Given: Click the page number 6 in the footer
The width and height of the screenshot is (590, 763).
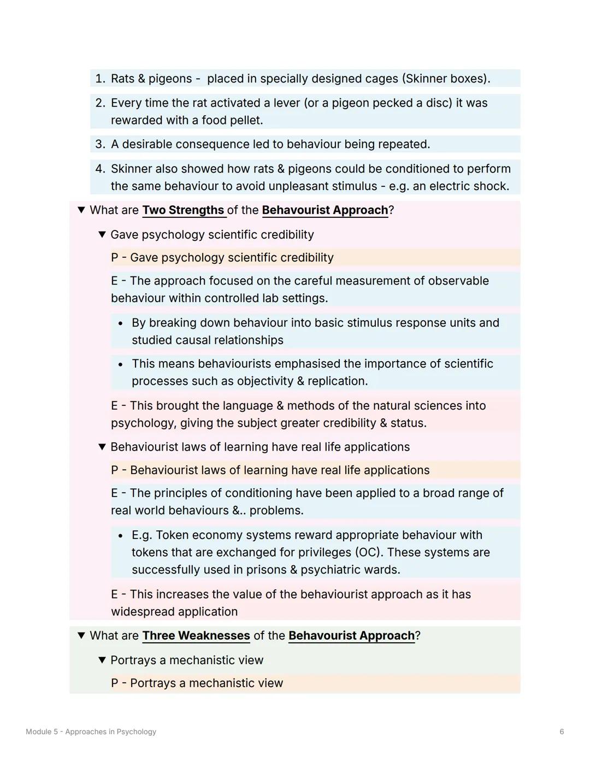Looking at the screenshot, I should click(x=562, y=731).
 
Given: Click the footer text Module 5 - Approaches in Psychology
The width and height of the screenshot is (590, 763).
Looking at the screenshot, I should click(x=91, y=731).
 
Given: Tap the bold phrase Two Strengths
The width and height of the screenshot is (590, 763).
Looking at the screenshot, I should click(x=183, y=210).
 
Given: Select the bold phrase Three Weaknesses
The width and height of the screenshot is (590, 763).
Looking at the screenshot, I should click(x=196, y=636).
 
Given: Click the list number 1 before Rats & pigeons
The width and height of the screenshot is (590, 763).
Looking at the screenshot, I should click(x=99, y=79).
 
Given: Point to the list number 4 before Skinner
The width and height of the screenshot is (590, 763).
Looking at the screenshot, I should click(x=99, y=169).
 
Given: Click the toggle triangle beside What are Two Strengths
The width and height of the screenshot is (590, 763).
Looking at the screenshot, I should click(x=81, y=210).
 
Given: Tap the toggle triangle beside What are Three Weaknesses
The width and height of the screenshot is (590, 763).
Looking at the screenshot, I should click(x=81, y=636).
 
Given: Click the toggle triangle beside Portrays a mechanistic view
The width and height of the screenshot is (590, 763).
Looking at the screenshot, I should click(x=102, y=660).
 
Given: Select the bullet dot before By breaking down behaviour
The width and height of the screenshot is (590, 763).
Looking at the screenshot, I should click(x=120, y=323).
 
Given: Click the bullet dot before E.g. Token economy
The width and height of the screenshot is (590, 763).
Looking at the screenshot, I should click(x=120, y=535).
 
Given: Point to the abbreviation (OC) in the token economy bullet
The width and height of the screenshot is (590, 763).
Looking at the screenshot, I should click(x=369, y=552).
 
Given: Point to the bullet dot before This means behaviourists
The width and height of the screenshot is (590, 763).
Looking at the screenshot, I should click(x=120, y=364).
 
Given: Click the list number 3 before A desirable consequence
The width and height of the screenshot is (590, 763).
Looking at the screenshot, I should click(x=99, y=144).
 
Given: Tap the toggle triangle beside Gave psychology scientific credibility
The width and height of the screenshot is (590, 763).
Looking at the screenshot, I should click(x=102, y=235).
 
